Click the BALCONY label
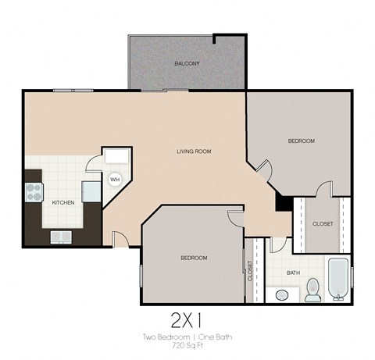click(x=187, y=63)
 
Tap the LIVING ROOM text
click(x=194, y=151)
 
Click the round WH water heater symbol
click(x=114, y=180)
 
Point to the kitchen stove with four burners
click(x=35, y=192)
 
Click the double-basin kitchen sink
click(x=61, y=237)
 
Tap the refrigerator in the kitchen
click(x=91, y=192)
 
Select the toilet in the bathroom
click(x=312, y=289)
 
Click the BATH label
click(x=293, y=273)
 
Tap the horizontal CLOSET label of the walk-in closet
click(x=322, y=224)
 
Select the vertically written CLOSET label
click(x=250, y=270)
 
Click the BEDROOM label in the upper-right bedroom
click(x=301, y=141)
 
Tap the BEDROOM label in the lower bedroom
click(x=194, y=258)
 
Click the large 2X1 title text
click(x=187, y=321)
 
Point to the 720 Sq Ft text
click(x=187, y=344)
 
